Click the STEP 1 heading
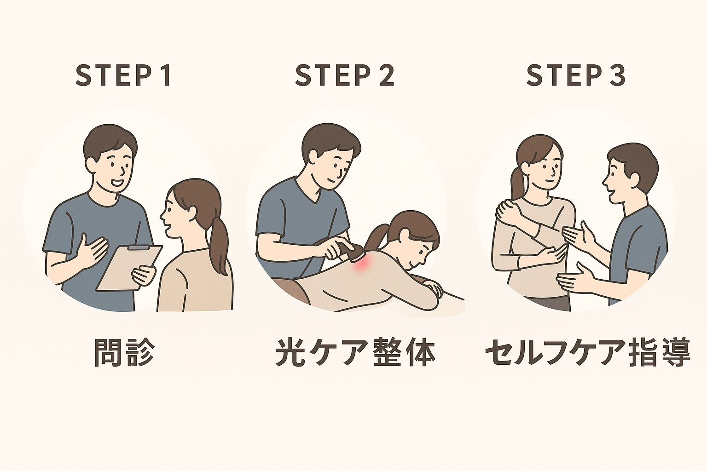123,76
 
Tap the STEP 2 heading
344,76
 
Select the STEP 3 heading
576,76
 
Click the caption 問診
124,353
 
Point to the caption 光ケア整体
355,353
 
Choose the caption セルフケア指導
588,353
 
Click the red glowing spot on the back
359,264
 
